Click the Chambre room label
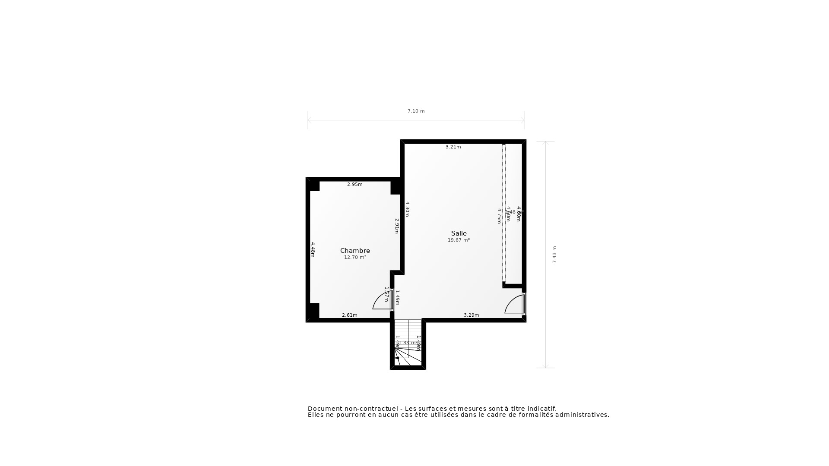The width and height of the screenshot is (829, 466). tap(355, 251)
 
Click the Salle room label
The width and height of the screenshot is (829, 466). tap(459, 233)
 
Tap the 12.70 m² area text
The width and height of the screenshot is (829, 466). tap(355, 258)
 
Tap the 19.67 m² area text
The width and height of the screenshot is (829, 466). tap(459, 240)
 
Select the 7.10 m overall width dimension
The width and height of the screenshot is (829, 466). tap(416, 111)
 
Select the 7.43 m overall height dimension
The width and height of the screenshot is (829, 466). tap(554, 255)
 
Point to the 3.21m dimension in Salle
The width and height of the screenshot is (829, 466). tap(453, 147)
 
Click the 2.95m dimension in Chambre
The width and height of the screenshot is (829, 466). tap(354, 185)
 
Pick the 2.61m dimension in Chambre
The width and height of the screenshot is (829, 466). tap(349, 315)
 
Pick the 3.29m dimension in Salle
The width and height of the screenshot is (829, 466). tap(471, 315)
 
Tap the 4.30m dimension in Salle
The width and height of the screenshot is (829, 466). tap(407, 209)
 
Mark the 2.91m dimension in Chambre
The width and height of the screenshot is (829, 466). tap(397, 226)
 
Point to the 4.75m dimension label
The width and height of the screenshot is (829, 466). tap(499, 216)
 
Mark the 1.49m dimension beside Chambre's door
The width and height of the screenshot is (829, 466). tap(397, 297)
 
